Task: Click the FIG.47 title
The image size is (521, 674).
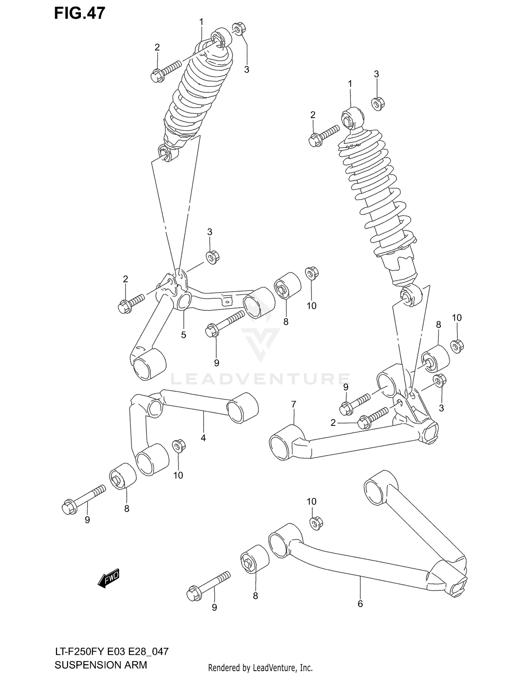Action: [x=80, y=13]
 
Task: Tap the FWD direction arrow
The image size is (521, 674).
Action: [x=109, y=578]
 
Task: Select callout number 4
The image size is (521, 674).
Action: [x=203, y=438]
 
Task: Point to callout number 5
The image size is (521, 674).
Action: [x=183, y=335]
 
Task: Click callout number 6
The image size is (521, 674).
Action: [x=360, y=604]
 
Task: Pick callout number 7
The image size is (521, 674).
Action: [x=294, y=404]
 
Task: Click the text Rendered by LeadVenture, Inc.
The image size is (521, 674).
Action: [x=260, y=668]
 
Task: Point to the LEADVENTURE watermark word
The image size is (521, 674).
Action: [x=260, y=379]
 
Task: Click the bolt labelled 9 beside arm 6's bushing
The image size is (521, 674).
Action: [x=208, y=586]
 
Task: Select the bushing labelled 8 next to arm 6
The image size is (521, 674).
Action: [x=255, y=559]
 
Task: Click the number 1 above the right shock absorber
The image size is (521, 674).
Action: [x=350, y=84]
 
